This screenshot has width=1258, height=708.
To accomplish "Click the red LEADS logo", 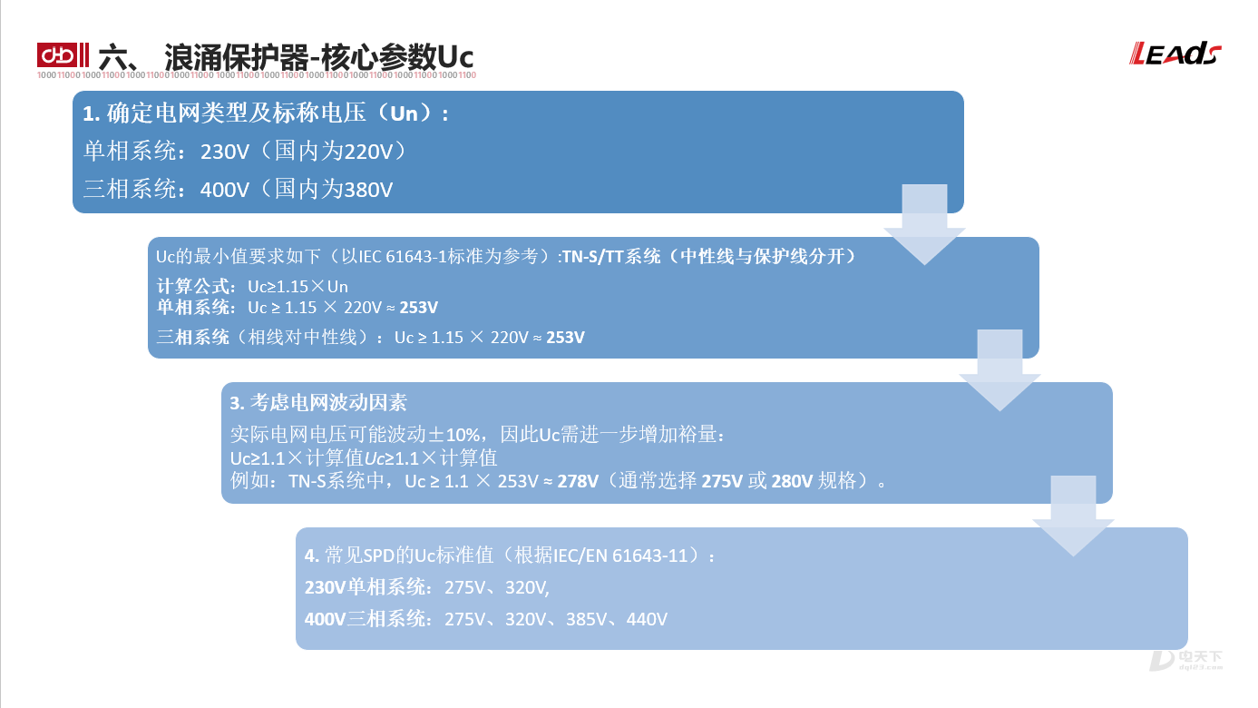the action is click(1175, 54).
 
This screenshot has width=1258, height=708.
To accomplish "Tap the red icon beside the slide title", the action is click(63, 55).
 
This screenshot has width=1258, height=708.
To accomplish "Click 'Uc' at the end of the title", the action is click(455, 57).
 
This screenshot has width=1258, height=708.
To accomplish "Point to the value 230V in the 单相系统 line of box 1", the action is click(224, 152).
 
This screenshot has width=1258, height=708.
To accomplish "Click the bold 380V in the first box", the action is click(368, 190).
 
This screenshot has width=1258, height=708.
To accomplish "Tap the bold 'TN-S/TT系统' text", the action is click(611, 257).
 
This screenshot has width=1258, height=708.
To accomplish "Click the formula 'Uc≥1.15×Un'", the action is click(297, 287).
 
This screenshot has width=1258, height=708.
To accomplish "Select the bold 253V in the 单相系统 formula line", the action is click(418, 308).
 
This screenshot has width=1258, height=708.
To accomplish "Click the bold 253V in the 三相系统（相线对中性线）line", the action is click(566, 337).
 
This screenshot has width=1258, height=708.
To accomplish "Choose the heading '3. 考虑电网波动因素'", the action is click(318, 402).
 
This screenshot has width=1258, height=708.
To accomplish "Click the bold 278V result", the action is click(578, 482).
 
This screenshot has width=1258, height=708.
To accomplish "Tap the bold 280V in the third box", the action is click(792, 482).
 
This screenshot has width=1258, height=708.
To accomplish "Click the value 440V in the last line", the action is click(647, 619).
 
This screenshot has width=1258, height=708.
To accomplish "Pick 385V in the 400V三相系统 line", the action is click(586, 619).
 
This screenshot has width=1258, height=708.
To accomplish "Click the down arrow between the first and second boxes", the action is click(924, 224).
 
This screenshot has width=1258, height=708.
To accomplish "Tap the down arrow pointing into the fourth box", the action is click(1073, 516).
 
